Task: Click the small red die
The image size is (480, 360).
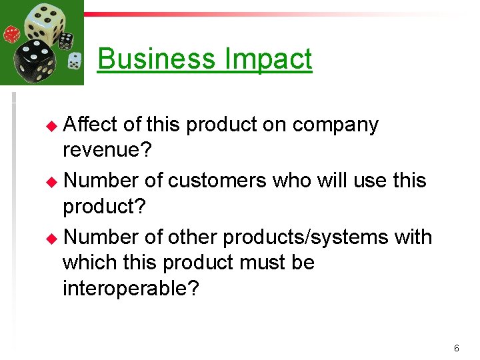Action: (12, 35)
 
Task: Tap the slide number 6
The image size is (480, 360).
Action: (457, 348)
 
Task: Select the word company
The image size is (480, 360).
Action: (335, 125)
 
